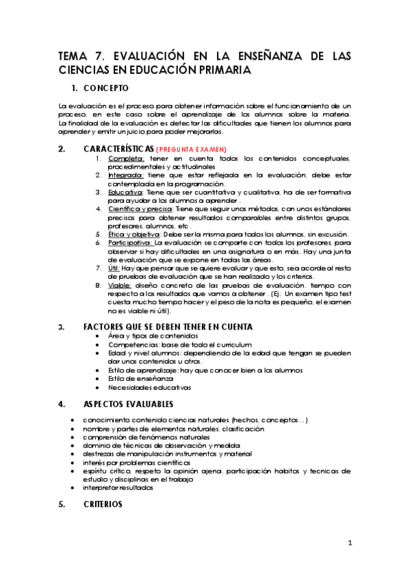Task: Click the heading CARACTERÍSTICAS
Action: pos(118,149)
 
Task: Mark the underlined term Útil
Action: pos(114,267)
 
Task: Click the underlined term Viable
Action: pos(118,284)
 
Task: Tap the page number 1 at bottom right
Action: pos(349,543)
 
